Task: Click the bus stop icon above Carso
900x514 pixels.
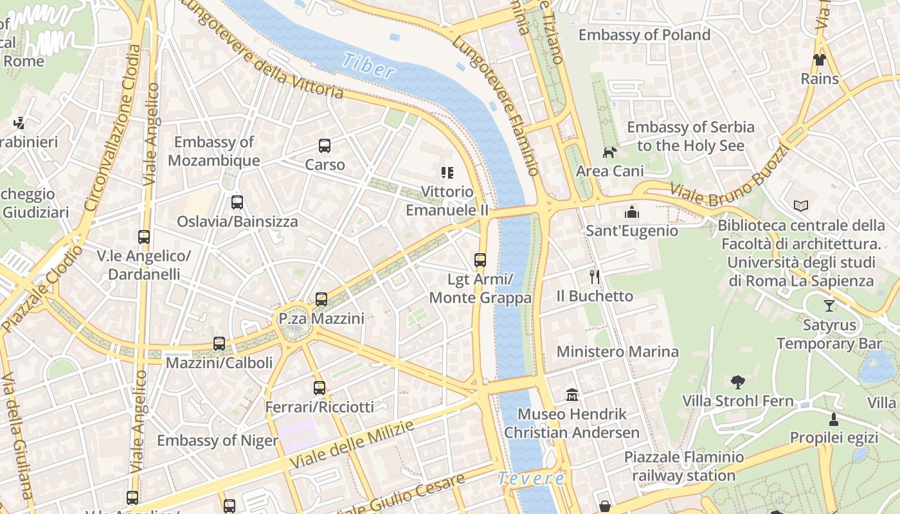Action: tap(325, 146)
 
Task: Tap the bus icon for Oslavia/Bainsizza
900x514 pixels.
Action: tap(237, 202)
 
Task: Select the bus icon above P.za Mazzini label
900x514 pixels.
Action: tap(321, 299)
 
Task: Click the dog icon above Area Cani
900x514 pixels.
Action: tap(609, 152)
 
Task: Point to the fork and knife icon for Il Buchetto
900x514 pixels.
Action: tap(595, 277)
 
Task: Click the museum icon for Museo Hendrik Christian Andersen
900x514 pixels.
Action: tap(572, 394)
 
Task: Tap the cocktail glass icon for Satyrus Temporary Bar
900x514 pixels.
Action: tap(829, 306)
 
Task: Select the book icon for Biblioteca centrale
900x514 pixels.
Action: tap(800, 206)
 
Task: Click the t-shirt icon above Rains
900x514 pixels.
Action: tap(820, 60)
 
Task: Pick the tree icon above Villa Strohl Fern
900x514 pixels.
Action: tap(737, 382)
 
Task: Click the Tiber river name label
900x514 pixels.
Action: tap(368, 66)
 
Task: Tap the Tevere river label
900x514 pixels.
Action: tap(532, 479)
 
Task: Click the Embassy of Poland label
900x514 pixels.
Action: tap(644, 35)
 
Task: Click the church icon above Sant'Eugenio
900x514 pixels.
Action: tap(631, 212)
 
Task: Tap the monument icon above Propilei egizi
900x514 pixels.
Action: tap(834, 420)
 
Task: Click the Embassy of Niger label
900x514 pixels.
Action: tap(217, 441)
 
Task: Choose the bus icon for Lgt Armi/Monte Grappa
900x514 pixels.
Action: tap(480, 260)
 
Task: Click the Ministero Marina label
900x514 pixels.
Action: tap(617, 351)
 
